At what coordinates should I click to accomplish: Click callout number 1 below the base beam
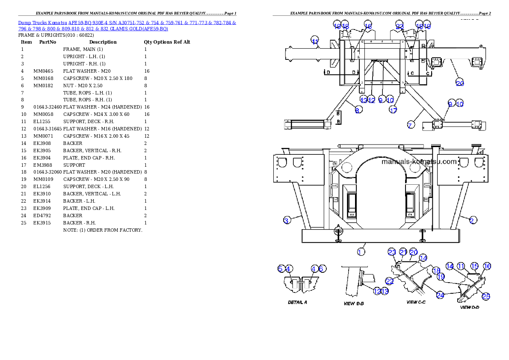(x=361, y=252)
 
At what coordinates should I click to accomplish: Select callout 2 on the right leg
(x=472, y=220)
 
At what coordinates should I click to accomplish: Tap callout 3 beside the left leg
(x=287, y=220)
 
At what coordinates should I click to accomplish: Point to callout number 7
(x=410, y=125)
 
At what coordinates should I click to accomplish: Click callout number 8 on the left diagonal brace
(x=358, y=110)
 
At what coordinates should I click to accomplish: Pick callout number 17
(x=393, y=110)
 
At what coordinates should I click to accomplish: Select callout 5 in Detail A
(x=281, y=269)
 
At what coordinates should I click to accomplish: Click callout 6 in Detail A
(x=323, y=269)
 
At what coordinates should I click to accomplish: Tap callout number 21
(x=403, y=252)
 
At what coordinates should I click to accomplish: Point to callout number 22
(x=389, y=281)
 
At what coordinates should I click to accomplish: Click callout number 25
(x=486, y=296)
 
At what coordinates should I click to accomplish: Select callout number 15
(x=474, y=266)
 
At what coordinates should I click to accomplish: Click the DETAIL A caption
(x=297, y=302)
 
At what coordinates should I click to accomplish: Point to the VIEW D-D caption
(x=469, y=307)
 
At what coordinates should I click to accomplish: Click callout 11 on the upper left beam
(x=315, y=41)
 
